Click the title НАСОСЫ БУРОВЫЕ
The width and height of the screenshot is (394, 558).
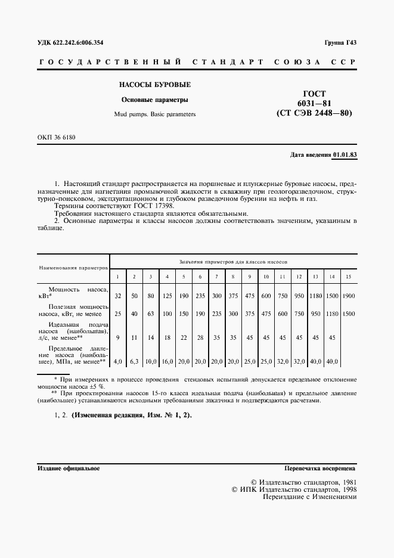[x=154, y=85]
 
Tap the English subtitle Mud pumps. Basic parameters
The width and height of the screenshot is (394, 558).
[x=154, y=113]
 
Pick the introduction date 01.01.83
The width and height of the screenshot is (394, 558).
[x=345, y=154]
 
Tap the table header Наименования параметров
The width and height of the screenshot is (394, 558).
[x=73, y=268]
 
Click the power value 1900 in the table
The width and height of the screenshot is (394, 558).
[x=348, y=296]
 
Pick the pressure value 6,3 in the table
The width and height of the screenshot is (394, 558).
[x=135, y=361]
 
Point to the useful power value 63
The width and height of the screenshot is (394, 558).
[x=151, y=314]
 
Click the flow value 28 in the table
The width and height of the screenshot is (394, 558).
[x=200, y=337]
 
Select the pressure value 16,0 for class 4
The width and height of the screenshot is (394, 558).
[x=167, y=361]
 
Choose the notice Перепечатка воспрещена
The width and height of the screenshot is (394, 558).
[x=320, y=469]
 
